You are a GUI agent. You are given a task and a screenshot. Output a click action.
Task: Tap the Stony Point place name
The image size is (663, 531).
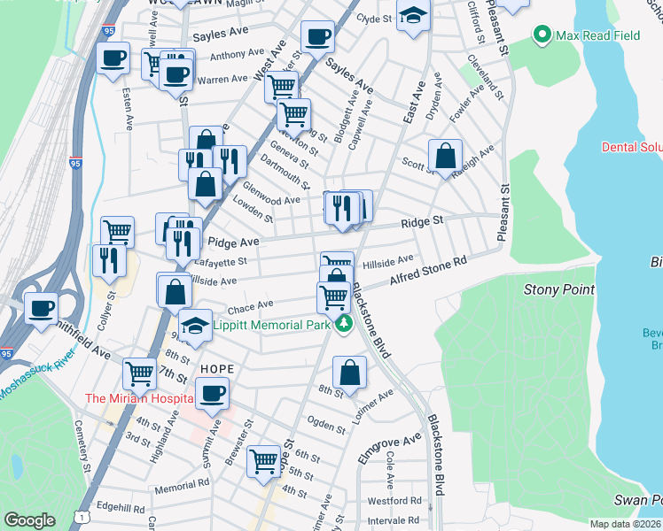(558, 289)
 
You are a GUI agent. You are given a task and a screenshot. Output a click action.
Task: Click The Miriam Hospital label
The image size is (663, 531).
(138, 398)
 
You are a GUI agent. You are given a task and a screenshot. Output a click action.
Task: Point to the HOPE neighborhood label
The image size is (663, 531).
(216, 368)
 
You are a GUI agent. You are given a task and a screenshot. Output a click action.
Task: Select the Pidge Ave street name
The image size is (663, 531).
(233, 242)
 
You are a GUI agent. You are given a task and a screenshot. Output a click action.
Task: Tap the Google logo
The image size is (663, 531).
(29, 520)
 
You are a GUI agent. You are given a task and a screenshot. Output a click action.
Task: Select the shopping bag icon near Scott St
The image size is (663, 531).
(445, 156)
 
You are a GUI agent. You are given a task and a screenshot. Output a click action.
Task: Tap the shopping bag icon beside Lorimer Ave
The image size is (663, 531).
(350, 373)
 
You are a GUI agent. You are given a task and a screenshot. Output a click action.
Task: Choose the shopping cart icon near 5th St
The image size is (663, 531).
(264, 460)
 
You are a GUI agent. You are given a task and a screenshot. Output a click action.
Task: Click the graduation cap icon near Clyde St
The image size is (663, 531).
(412, 16)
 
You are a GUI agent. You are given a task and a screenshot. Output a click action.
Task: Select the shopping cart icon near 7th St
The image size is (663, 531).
(139, 373)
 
